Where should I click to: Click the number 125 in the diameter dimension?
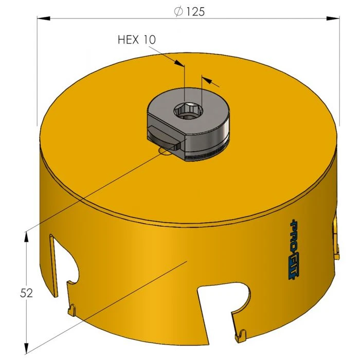(195, 11)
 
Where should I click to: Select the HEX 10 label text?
(136, 40)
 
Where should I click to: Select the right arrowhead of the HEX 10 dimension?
(207, 80)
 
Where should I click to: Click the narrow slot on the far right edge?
(336, 237)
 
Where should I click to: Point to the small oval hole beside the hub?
(166, 151)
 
